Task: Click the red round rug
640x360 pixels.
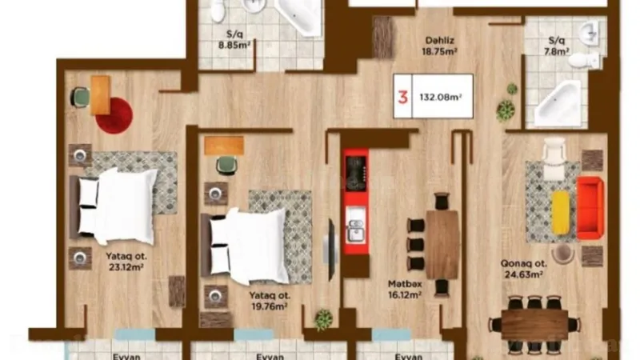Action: tap(114, 114)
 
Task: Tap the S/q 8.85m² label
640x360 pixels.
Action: tap(235, 41)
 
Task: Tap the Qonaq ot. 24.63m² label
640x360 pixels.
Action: tap(524, 268)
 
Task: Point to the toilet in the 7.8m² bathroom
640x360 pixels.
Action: tap(590, 60)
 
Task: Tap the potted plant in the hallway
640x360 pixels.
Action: tap(505, 110)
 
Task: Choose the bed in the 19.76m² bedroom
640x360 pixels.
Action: tap(248, 244)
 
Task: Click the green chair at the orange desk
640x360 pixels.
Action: tap(82, 97)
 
